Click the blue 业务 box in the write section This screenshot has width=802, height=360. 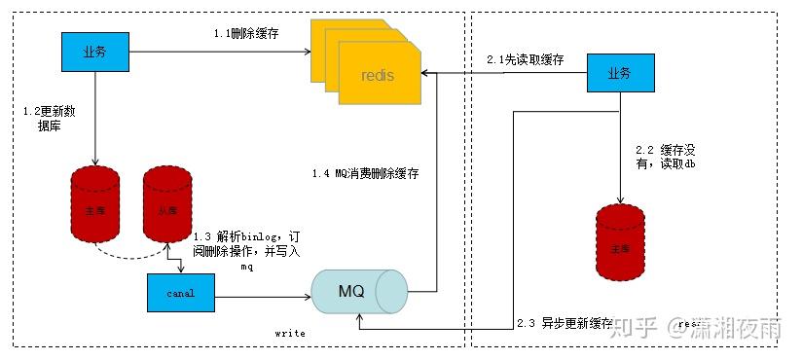[x=94, y=52]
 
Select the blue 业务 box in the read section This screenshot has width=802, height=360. [x=618, y=74]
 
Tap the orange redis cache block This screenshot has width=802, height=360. [x=375, y=74]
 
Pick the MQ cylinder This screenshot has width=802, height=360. [x=358, y=290]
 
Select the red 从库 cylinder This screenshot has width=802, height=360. [x=166, y=207]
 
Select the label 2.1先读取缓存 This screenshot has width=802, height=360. [x=527, y=60]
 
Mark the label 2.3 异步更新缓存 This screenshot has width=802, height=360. [x=565, y=322]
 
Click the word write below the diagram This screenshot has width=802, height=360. [x=290, y=333]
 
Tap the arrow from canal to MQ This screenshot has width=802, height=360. [x=263, y=292]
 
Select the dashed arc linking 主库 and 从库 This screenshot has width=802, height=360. [x=130, y=255]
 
